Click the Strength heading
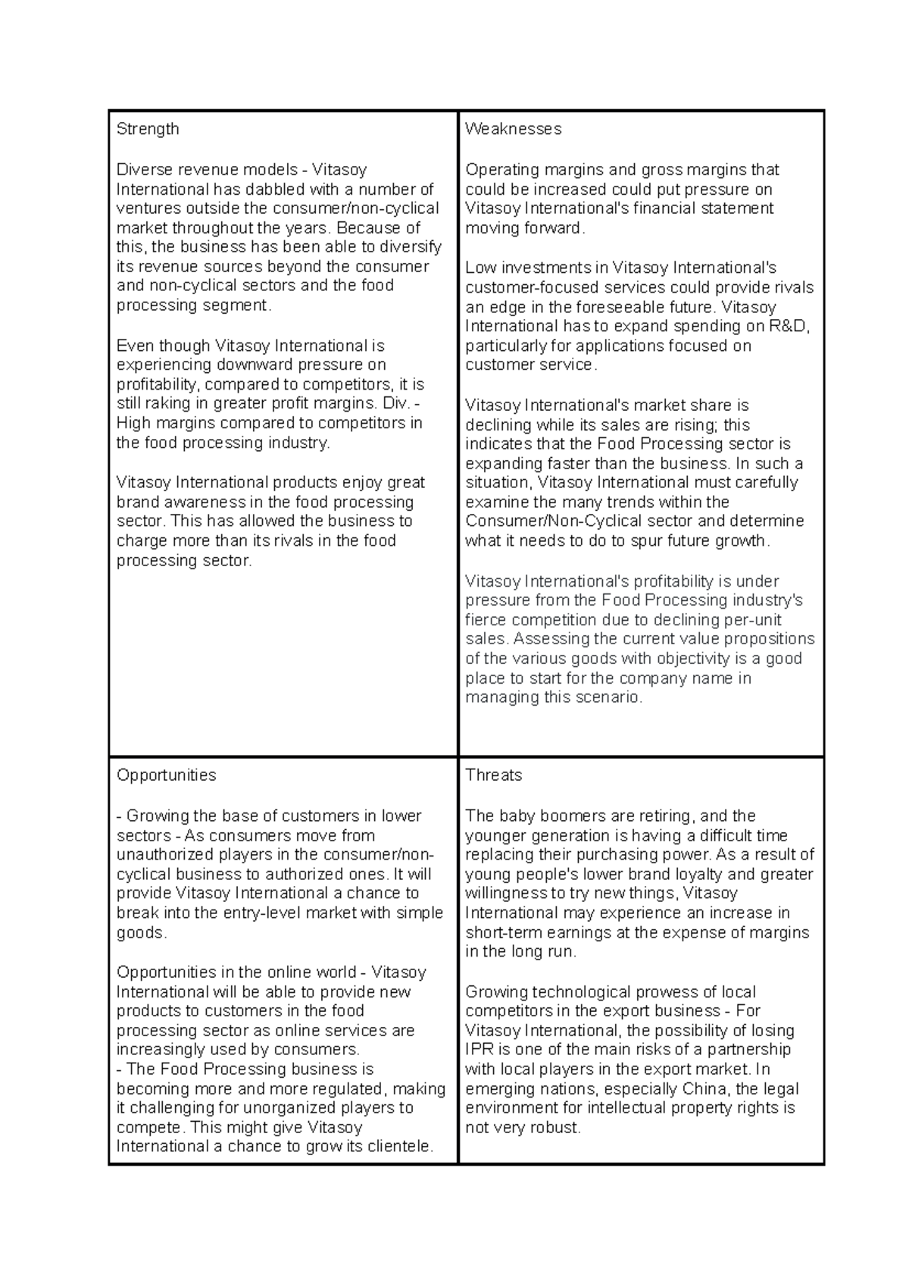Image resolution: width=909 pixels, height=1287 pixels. click(148, 129)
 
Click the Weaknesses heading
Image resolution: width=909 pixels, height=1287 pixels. click(513, 129)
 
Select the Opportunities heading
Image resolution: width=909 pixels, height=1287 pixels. click(166, 775)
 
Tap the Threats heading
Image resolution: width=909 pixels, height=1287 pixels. click(493, 775)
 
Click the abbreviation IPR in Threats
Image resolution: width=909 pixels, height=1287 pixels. click(479, 1050)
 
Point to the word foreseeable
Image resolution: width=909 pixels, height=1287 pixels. click(619, 308)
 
